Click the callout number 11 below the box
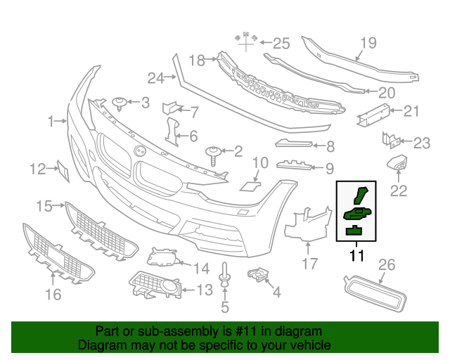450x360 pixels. [356, 255]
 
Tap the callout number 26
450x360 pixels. [387, 265]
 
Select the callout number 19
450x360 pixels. [369, 44]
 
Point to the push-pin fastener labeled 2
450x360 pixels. [212, 153]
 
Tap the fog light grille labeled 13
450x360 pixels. [155, 287]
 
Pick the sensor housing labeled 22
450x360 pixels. [398, 164]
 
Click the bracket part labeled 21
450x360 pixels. [372, 115]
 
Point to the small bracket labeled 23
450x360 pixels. [389, 139]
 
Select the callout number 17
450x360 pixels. [310, 264]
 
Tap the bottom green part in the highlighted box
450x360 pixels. [354, 230]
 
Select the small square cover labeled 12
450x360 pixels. [62, 169]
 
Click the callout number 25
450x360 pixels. [281, 44]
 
